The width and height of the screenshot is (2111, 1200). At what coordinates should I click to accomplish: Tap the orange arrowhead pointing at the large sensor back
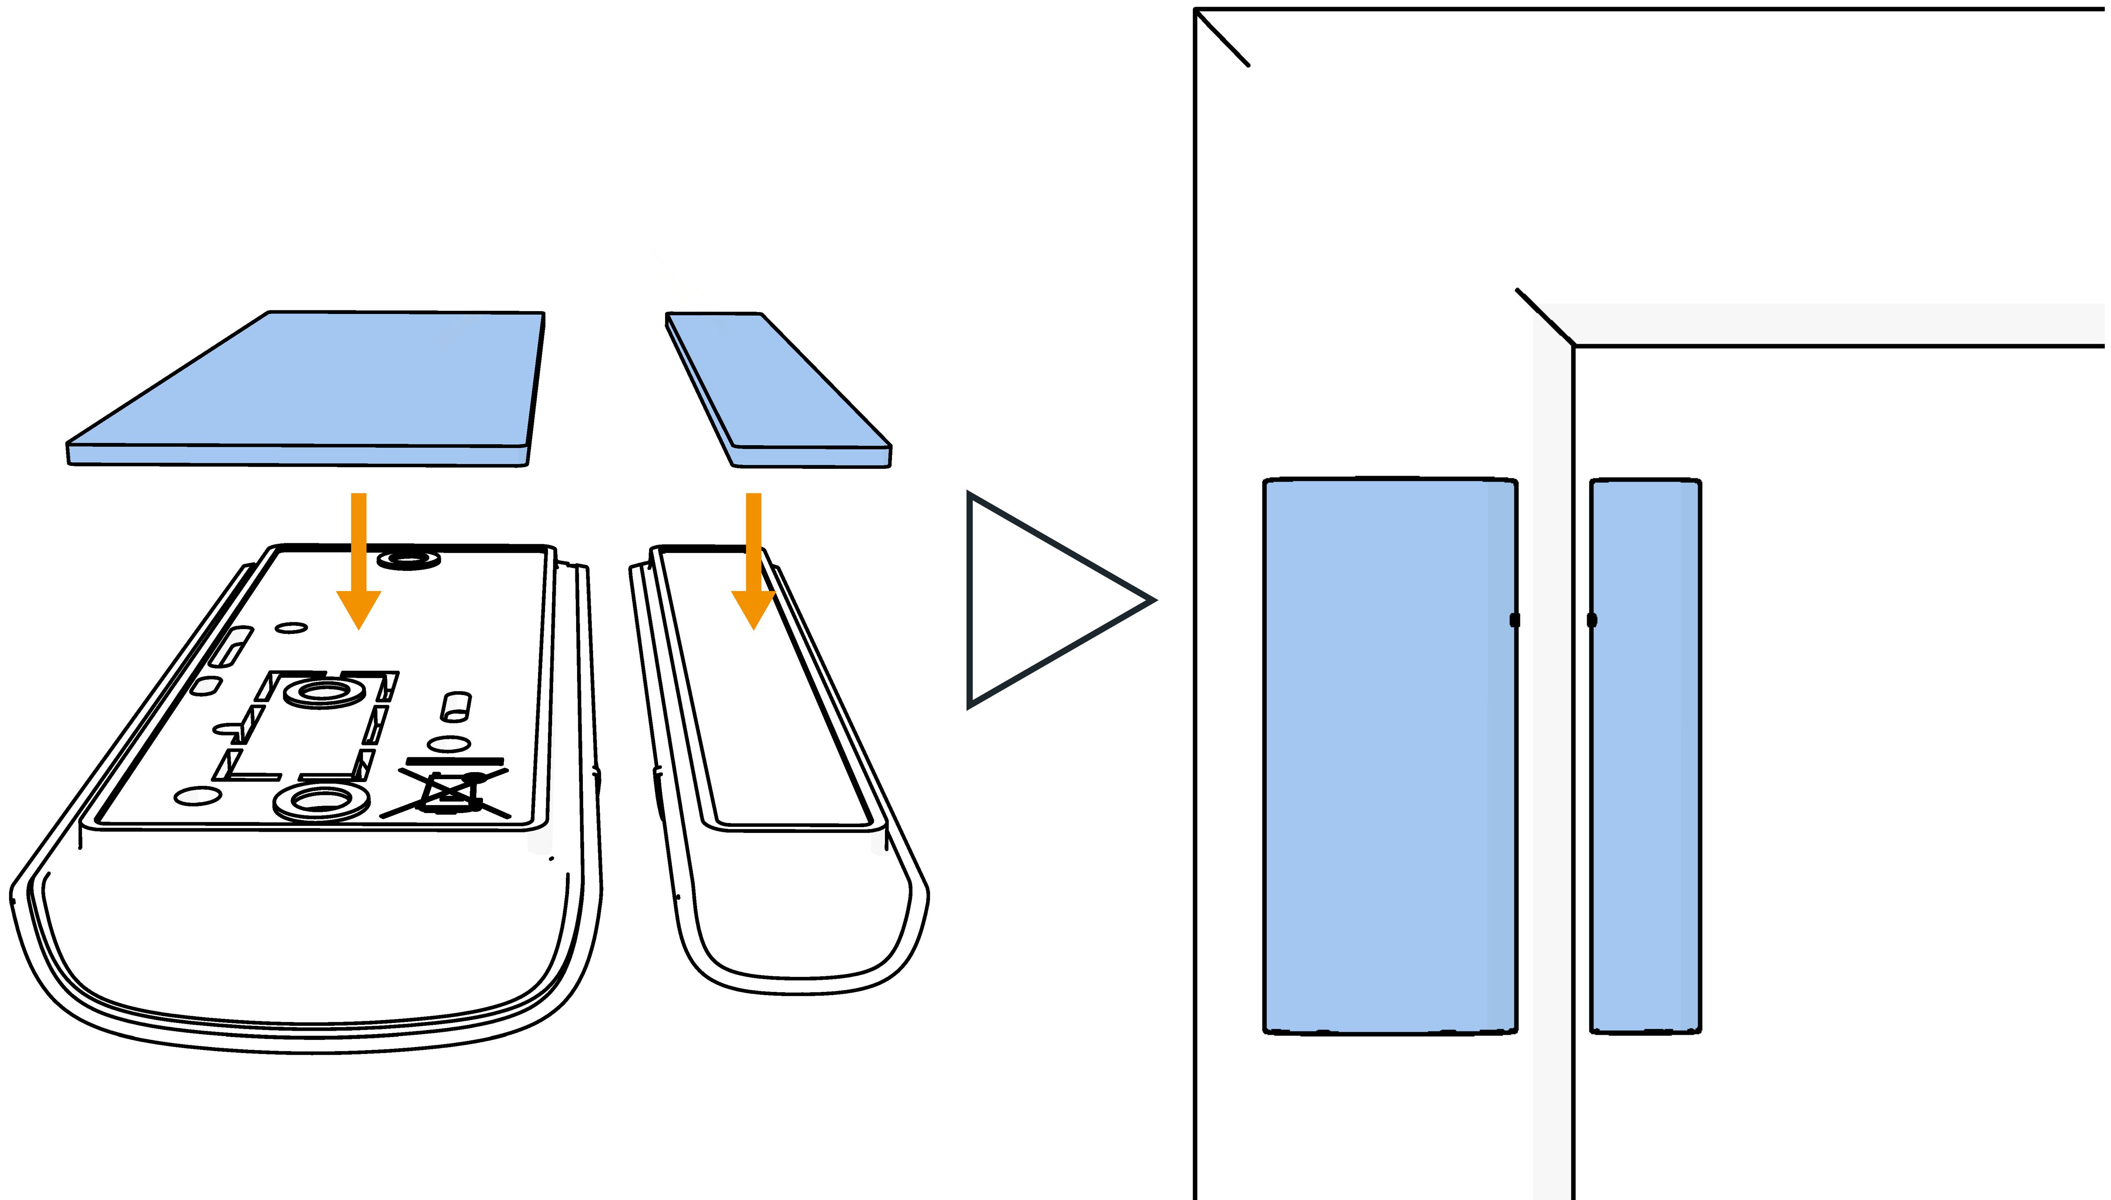coord(358,608)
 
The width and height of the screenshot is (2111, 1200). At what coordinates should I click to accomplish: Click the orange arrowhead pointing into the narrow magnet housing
coord(753,608)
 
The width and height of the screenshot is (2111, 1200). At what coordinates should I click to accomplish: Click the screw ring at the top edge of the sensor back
coord(409,559)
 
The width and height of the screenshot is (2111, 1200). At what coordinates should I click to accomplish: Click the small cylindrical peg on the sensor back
coord(456,706)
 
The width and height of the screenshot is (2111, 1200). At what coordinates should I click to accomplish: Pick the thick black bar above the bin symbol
coord(454,761)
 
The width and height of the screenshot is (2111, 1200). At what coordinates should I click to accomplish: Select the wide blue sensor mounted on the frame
coord(1389,754)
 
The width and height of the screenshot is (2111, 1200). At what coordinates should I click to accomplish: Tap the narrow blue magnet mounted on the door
coord(1645,754)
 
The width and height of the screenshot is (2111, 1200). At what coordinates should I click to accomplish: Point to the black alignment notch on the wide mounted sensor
coord(1514,620)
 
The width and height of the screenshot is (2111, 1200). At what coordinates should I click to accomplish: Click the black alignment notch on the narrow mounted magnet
coord(1592,620)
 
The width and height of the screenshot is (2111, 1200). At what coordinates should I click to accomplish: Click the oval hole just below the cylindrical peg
coord(449,744)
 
